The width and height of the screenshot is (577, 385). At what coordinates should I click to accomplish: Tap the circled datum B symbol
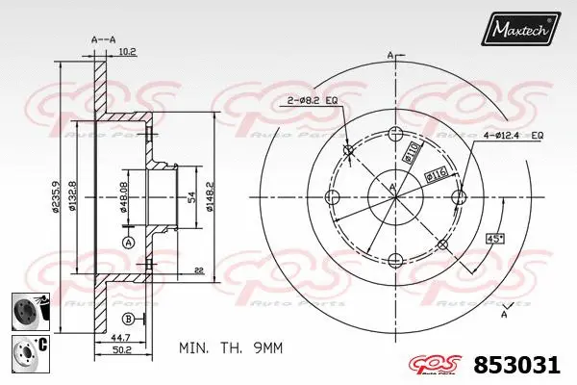click(x=128, y=319)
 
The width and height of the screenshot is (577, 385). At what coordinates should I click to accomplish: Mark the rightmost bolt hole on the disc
click(x=459, y=197)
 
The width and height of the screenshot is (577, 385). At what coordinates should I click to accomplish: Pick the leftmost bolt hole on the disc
click(x=333, y=197)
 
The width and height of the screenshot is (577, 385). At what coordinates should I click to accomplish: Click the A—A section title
click(x=103, y=40)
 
